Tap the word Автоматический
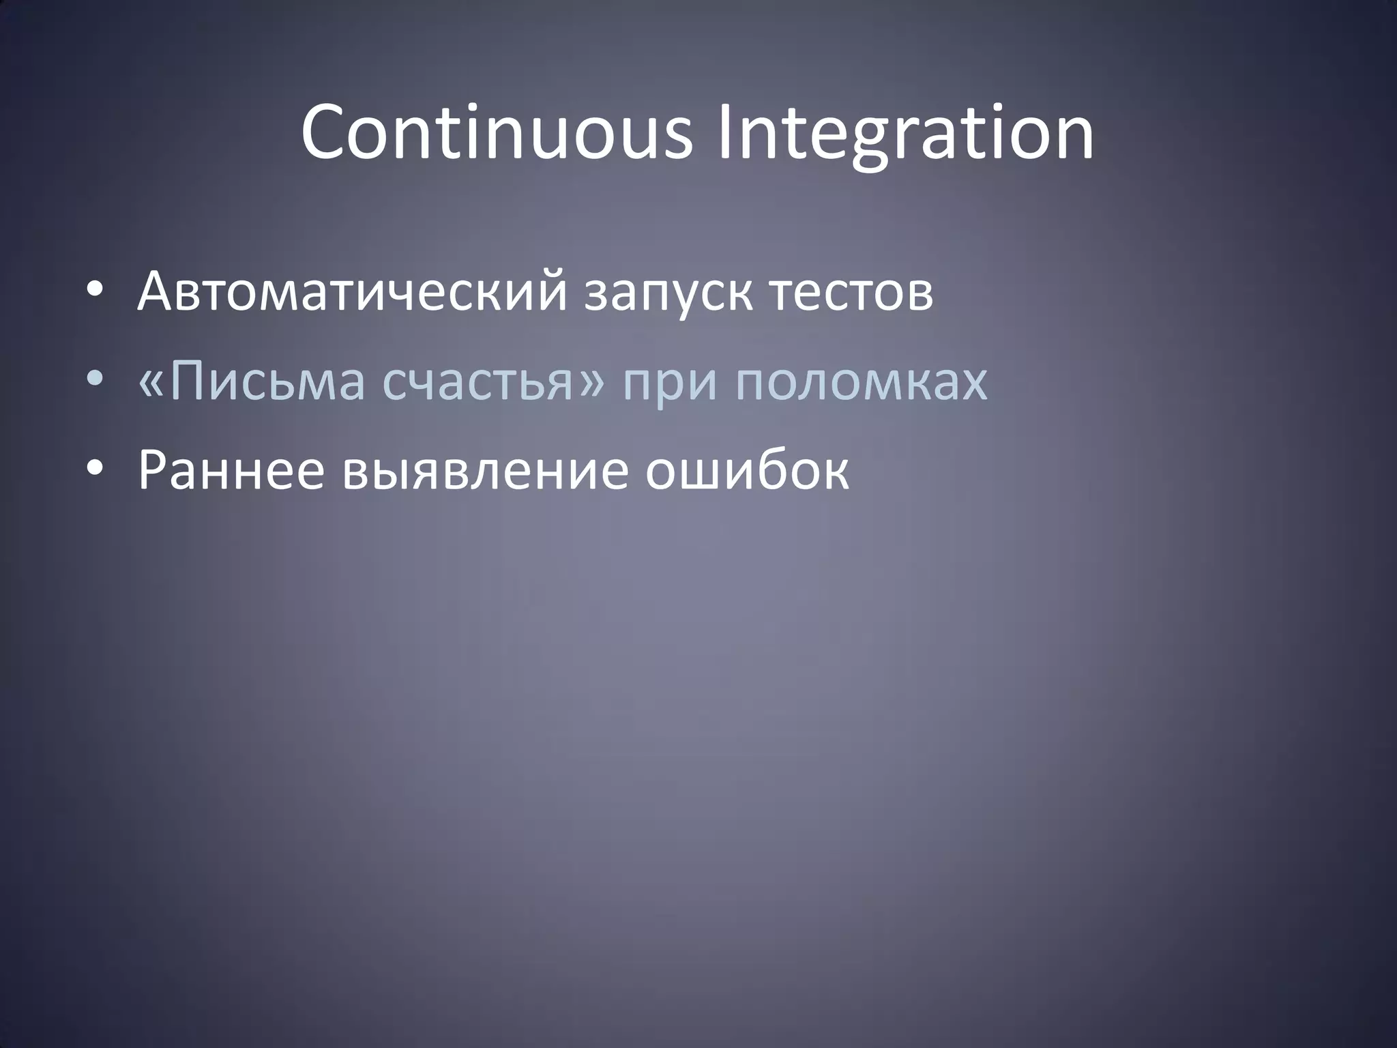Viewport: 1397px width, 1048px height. pos(351,292)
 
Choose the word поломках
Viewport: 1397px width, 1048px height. pos(861,382)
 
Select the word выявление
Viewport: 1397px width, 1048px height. pos(484,471)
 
